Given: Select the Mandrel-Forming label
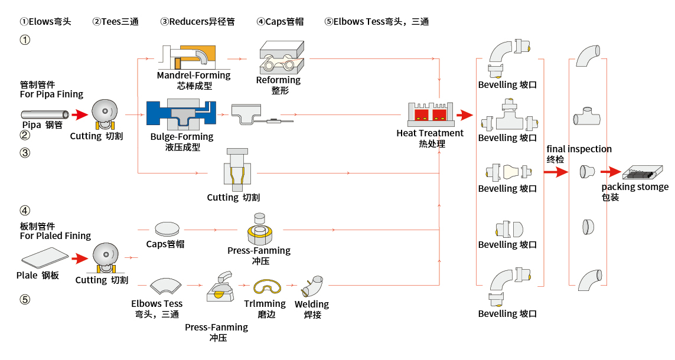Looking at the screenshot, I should [x=194, y=76].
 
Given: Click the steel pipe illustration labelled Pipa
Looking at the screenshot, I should [x=45, y=114].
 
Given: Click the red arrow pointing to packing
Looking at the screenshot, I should [x=611, y=172].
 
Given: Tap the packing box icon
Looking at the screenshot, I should [x=641, y=172].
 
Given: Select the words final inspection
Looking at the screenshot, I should [x=579, y=149].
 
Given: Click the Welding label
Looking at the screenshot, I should [x=312, y=305].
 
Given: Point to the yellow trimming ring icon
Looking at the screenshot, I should [x=266, y=287].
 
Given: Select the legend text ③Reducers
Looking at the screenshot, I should [x=197, y=22].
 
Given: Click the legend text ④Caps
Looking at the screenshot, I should [x=280, y=22].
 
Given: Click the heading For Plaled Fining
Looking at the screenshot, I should [x=56, y=236].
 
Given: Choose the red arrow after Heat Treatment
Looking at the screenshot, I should [x=465, y=114].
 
